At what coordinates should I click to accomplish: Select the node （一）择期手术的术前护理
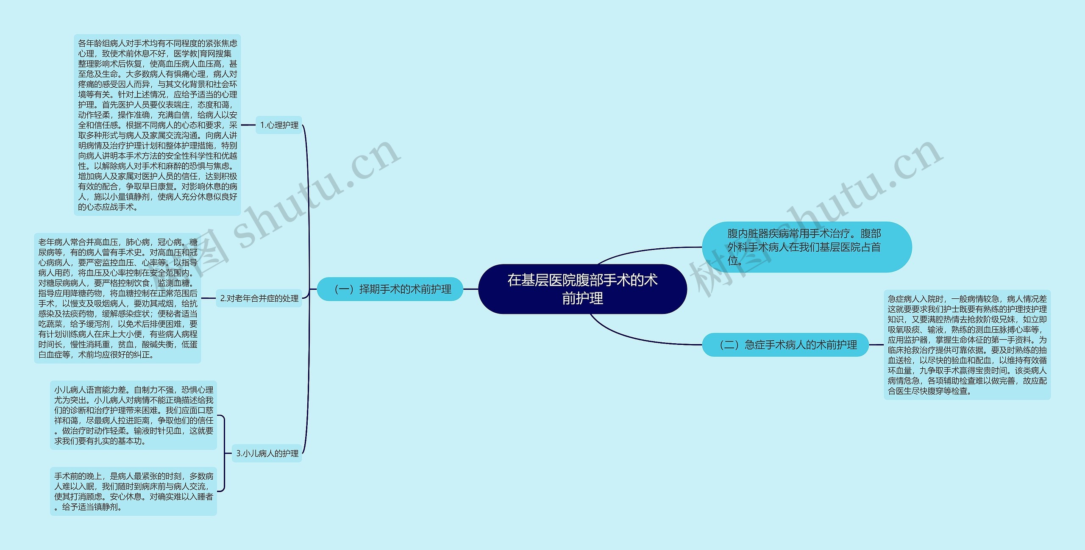click(x=390, y=289)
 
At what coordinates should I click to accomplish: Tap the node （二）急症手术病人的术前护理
click(x=785, y=345)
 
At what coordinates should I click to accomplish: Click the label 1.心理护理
click(x=279, y=125)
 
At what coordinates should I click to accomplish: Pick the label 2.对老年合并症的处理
click(x=259, y=298)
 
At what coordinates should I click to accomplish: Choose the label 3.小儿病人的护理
click(x=267, y=453)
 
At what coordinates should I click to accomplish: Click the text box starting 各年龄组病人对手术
click(x=157, y=125)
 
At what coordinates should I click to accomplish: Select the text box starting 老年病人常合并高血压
click(x=117, y=298)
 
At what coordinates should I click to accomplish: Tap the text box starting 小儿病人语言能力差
click(x=134, y=415)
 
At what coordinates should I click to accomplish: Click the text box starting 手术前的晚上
click(x=134, y=492)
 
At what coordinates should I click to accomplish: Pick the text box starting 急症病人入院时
click(x=967, y=345)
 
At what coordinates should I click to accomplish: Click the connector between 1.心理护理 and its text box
click(x=248, y=125)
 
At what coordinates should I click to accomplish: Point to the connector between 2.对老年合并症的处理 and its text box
click(x=209, y=298)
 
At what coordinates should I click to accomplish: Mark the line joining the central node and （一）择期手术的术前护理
click(x=470, y=289)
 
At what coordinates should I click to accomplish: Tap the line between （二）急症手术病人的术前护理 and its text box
click(x=876, y=345)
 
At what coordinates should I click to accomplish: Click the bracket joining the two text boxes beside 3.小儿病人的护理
click(x=224, y=453)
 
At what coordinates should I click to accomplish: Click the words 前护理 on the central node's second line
click(x=582, y=299)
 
